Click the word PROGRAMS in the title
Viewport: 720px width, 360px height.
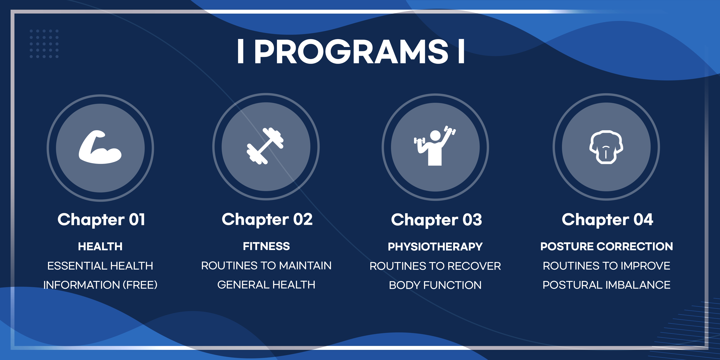[x=351, y=51]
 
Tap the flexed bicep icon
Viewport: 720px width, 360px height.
[x=100, y=147]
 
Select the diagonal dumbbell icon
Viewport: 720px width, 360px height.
[x=265, y=146]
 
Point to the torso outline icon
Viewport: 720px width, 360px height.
[x=606, y=147]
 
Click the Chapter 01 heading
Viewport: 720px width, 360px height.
[x=101, y=220]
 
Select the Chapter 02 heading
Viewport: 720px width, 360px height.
[x=267, y=220]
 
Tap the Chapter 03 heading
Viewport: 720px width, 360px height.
[x=436, y=220]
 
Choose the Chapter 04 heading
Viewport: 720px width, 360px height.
[x=607, y=220]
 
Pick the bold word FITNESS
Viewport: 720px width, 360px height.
[x=266, y=246]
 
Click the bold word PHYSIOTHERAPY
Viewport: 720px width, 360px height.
[x=435, y=247]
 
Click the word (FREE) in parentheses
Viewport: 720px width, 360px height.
[x=140, y=285]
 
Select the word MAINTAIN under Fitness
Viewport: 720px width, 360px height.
[x=305, y=266]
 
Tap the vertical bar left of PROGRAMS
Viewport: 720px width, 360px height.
[x=240, y=51]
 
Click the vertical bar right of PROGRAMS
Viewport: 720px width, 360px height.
[x=461, y=51]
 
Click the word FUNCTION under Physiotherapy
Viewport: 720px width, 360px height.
[x=452, y=285]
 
